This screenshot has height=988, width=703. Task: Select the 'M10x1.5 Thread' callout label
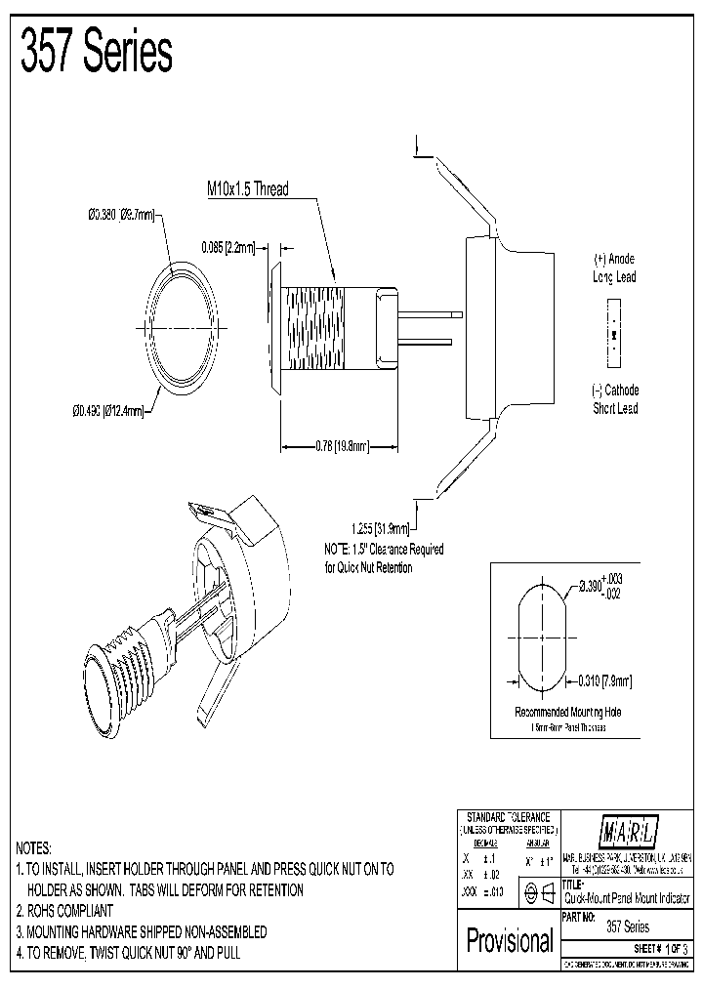[247, 189]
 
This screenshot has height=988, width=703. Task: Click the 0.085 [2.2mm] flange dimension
[227, 248]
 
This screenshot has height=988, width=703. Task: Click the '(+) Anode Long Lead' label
[614, 268]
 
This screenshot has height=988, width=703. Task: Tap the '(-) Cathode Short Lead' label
[614, 399]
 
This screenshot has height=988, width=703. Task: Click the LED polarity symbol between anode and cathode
[612, 334]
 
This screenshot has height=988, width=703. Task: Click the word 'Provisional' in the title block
[509, 941]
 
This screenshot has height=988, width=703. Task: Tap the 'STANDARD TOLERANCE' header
[508, 816]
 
